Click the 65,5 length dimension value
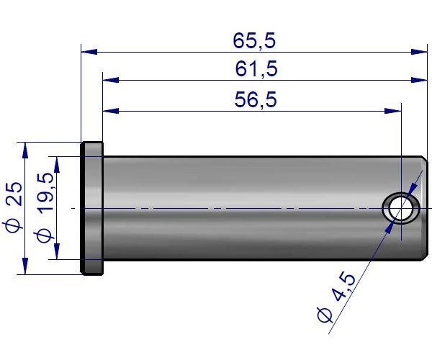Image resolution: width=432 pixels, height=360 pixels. pyautogui.click(x=254, y=41)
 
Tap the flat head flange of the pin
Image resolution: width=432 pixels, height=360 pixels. pyautogui.click(x=91, y=207)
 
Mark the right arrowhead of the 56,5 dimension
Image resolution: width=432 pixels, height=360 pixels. pyautogui.click(x=394, y=111)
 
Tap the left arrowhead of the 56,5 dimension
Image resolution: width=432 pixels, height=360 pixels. pyautogui.click(x=110, y=111)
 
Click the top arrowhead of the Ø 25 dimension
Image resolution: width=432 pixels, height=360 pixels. pyautogui.click(x=26, y=149)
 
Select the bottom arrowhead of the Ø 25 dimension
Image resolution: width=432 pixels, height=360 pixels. pyautogui.click(x=26, y=267)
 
